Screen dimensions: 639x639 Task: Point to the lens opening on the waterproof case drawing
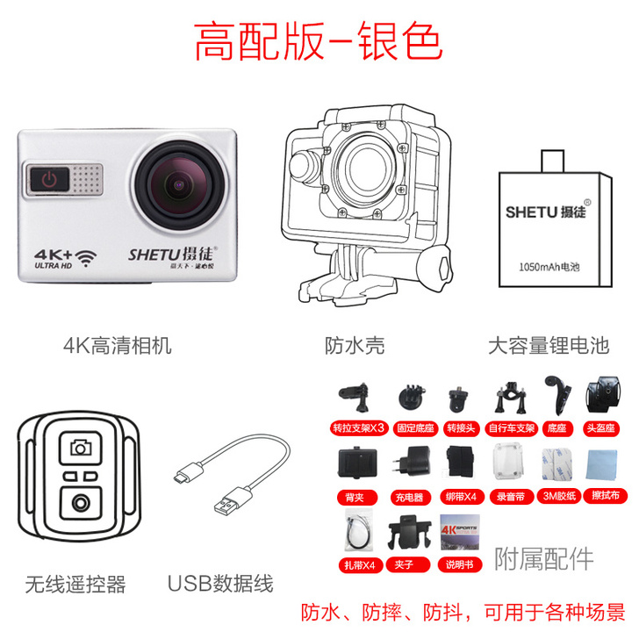tap(368, 162)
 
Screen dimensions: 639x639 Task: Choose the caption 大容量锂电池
tap(549, 344)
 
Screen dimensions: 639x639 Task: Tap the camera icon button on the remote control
tap(81, 448)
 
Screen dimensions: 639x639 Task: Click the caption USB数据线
tap(220, 584)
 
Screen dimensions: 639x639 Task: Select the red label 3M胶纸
tap(558, 497)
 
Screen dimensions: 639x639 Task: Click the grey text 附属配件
tap(544, 559)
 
